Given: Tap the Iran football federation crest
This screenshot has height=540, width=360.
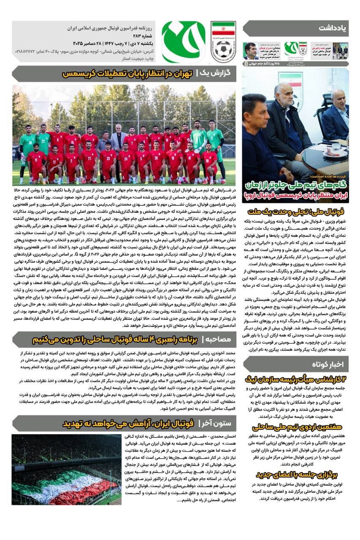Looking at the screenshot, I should (x=223, y=42).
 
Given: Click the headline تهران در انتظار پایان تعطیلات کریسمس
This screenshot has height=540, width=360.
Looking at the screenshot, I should (x=127, y=74).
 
